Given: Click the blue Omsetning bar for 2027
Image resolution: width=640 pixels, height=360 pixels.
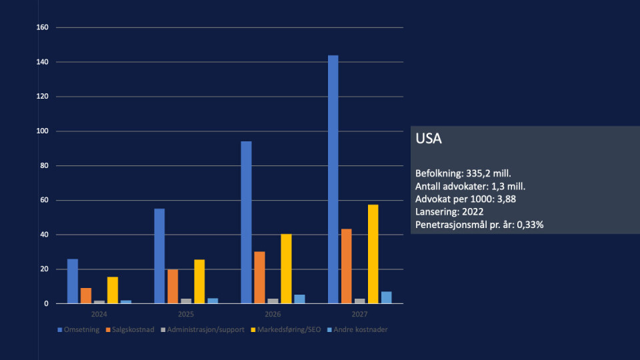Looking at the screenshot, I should tap(333, 179).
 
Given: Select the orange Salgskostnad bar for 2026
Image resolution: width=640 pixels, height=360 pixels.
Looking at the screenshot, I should tap(259, 277).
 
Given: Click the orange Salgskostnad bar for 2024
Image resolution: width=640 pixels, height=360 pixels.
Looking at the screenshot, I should tap(86, 295).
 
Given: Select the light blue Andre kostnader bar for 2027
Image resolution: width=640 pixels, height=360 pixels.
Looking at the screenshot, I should tap(386, 297).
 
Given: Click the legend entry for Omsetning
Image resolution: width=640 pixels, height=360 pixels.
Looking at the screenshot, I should tap(79, 329).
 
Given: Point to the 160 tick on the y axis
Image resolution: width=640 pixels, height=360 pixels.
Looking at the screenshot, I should tap(43, 27).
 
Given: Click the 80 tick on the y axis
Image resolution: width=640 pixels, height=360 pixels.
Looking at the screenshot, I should tap(45, 165).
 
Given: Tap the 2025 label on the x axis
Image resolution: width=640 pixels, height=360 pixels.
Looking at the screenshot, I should tap(186, 313).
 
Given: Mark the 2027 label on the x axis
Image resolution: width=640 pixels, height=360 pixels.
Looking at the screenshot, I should tap(359, 313).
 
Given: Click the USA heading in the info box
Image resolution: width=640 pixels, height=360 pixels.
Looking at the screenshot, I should tap(429, 139).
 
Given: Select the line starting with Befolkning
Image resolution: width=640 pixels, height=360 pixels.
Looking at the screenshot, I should tap(463, 173).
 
